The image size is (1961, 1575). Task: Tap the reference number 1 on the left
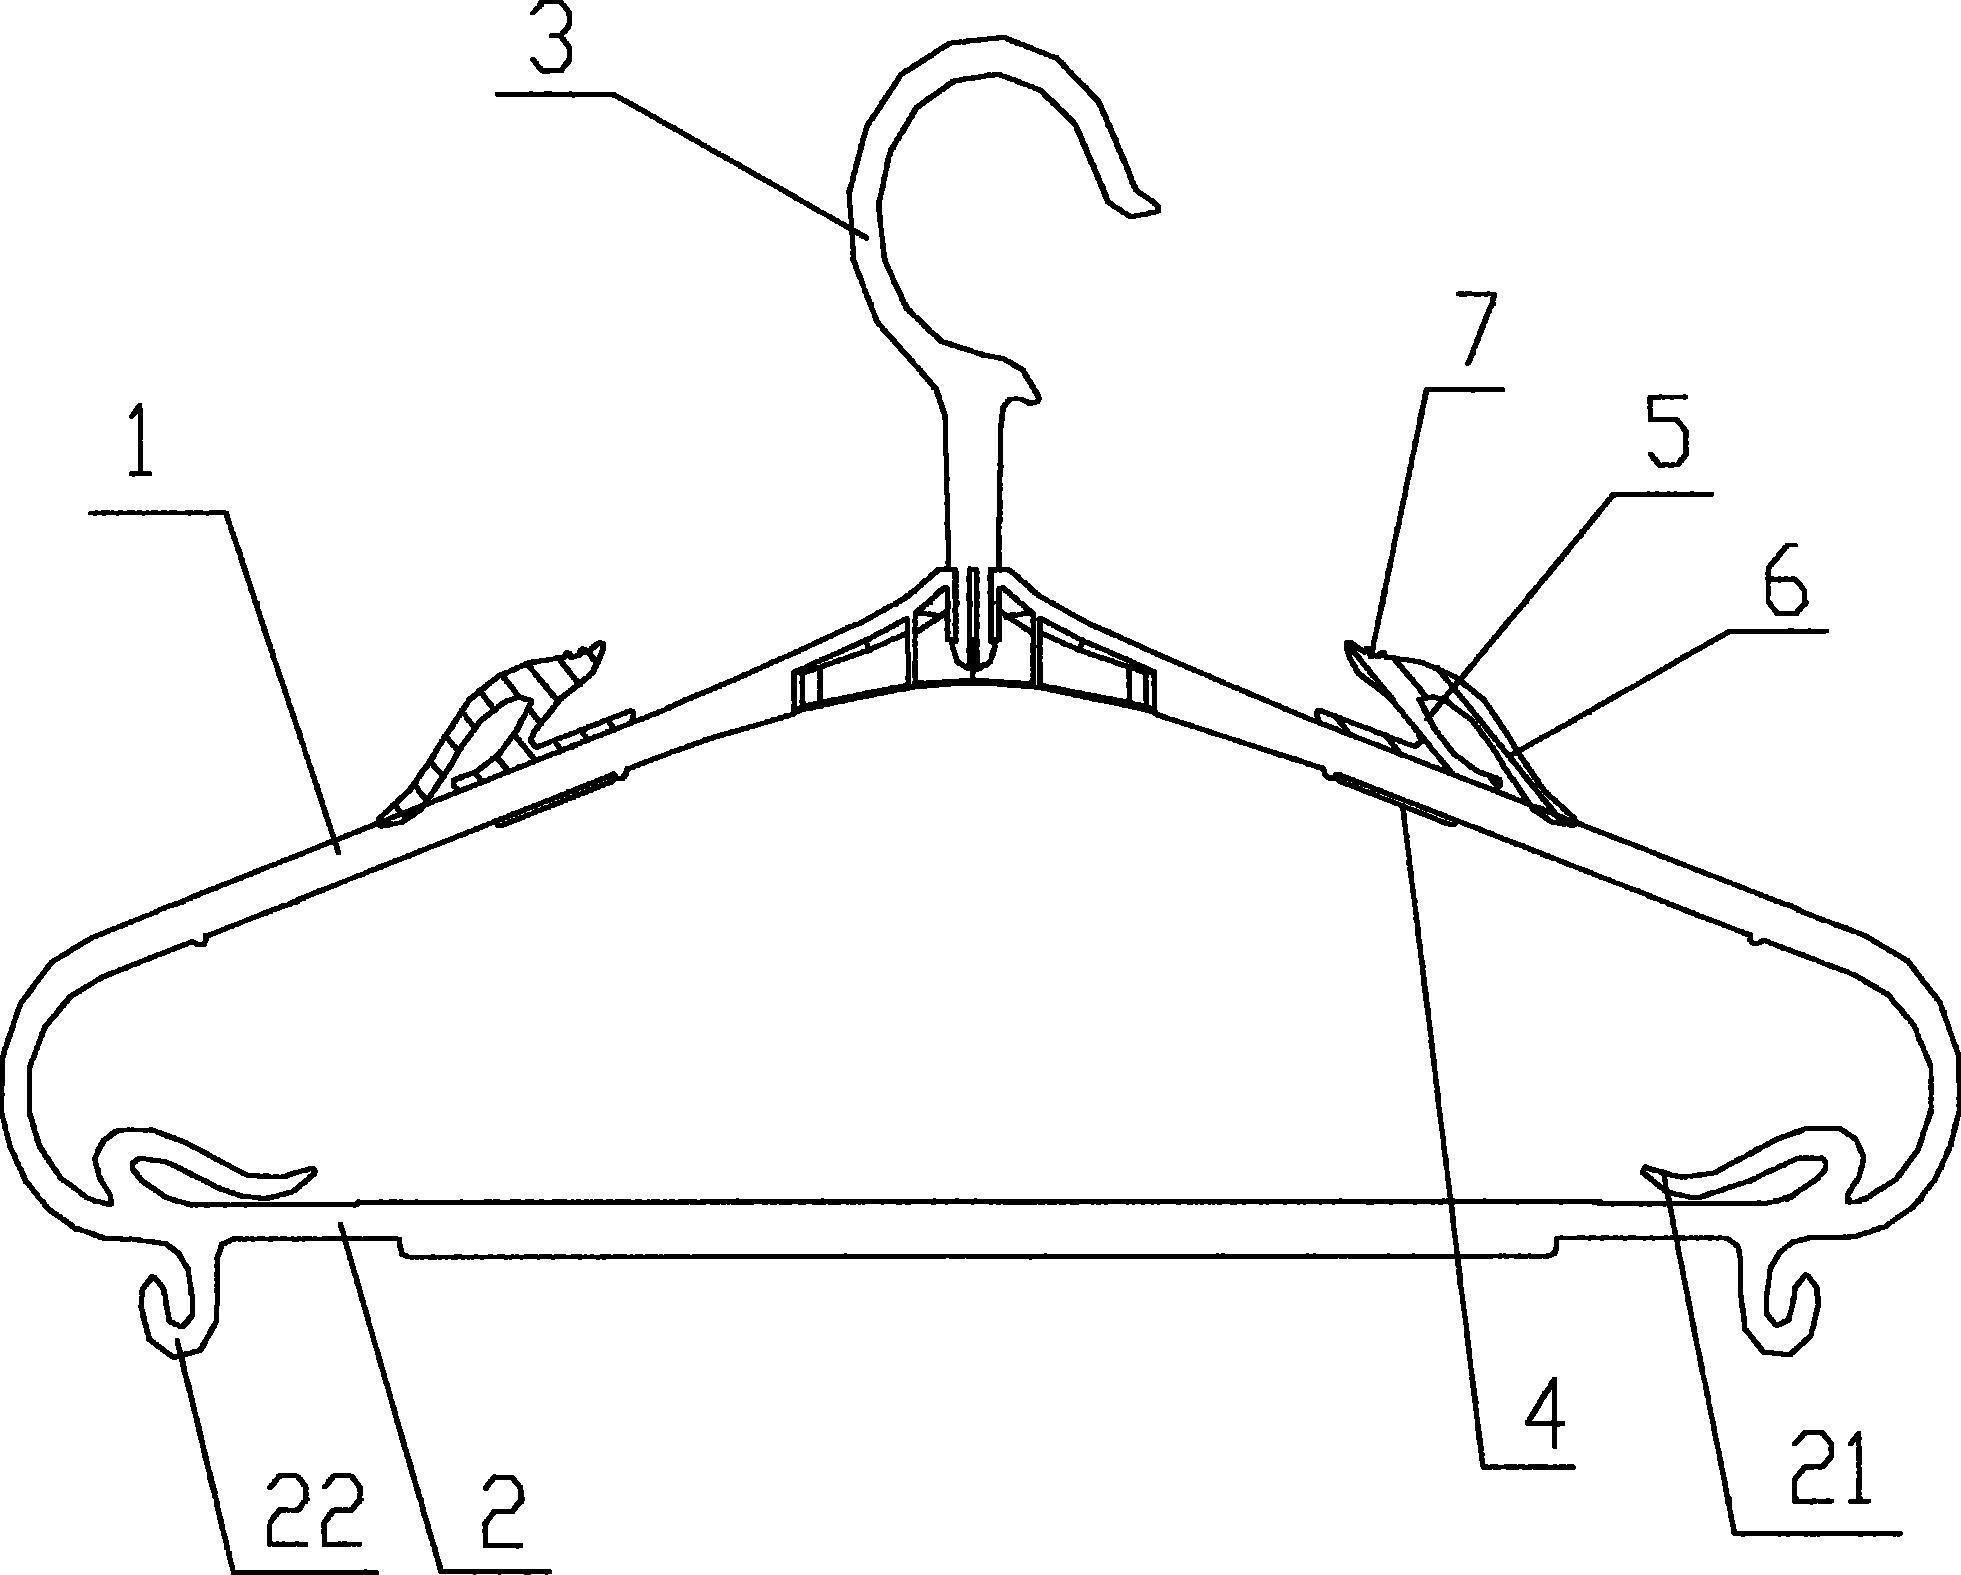(x=141, y=440)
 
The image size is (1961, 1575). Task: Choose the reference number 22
(x=311, y=1518)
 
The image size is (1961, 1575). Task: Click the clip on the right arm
(x=1450, y=730)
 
